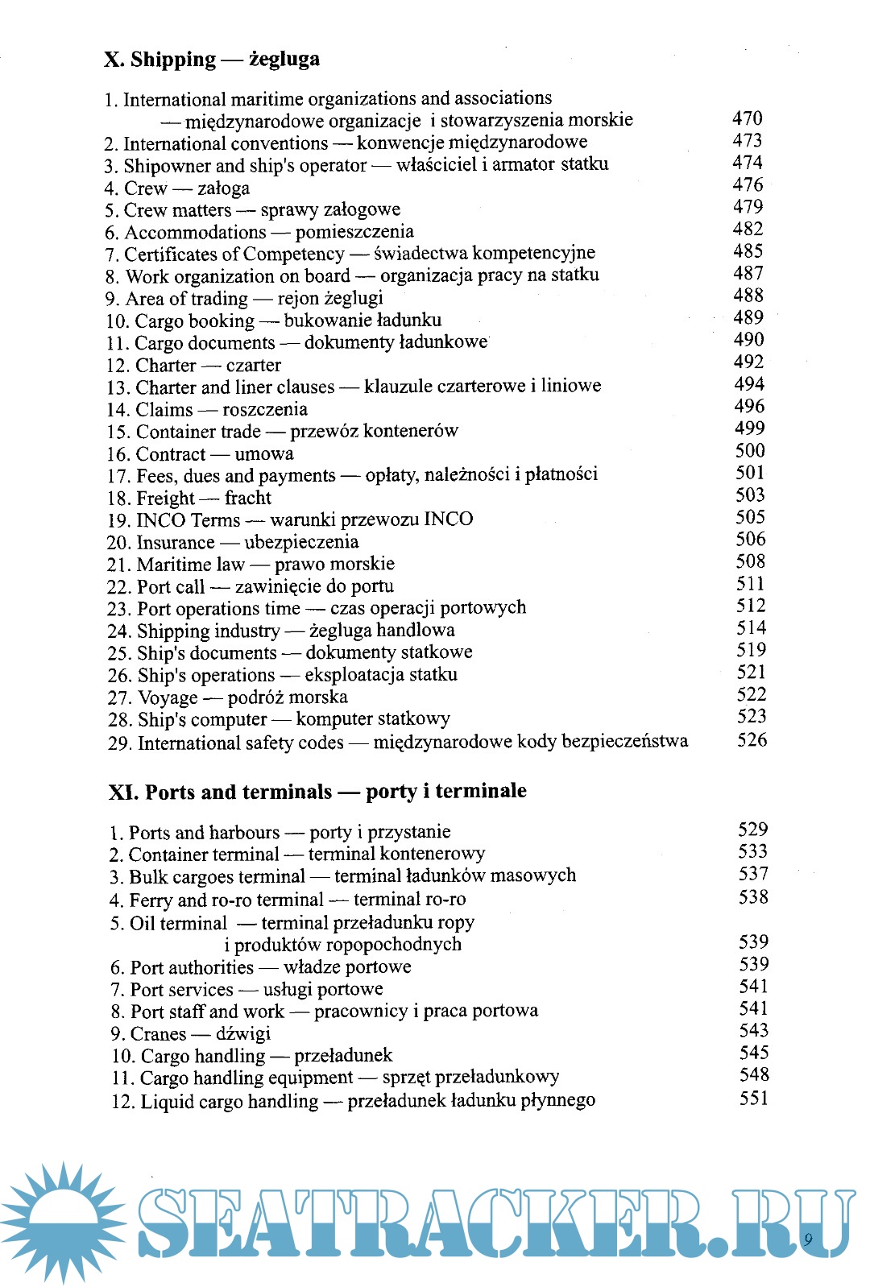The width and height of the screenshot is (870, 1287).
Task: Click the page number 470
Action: click(747, 118)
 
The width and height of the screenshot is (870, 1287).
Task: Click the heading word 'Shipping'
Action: click(173, 60)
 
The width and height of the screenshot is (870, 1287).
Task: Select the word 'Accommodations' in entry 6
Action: click(195, 233)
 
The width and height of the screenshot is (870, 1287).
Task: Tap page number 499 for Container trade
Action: click(749, 428)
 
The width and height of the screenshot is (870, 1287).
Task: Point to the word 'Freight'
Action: click(165, 499)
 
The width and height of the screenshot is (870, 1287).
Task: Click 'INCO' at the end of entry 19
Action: click(448, 519)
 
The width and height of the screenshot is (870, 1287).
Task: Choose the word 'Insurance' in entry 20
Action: click(176, 543)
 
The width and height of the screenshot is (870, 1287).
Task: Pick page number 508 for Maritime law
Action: click(750, 561)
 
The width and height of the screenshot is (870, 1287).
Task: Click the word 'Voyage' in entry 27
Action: click(168, 697)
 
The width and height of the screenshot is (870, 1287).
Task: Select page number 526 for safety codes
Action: click(752, 739)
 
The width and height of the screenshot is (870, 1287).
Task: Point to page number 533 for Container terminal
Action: click(753, 852)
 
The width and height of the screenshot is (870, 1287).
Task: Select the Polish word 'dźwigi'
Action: click(243, 1034)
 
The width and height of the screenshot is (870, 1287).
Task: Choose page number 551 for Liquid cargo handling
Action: click(754, 1099)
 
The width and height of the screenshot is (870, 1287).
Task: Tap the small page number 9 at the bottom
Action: click(808, 1239)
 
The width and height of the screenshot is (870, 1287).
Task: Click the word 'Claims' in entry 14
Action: click(164, 410)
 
